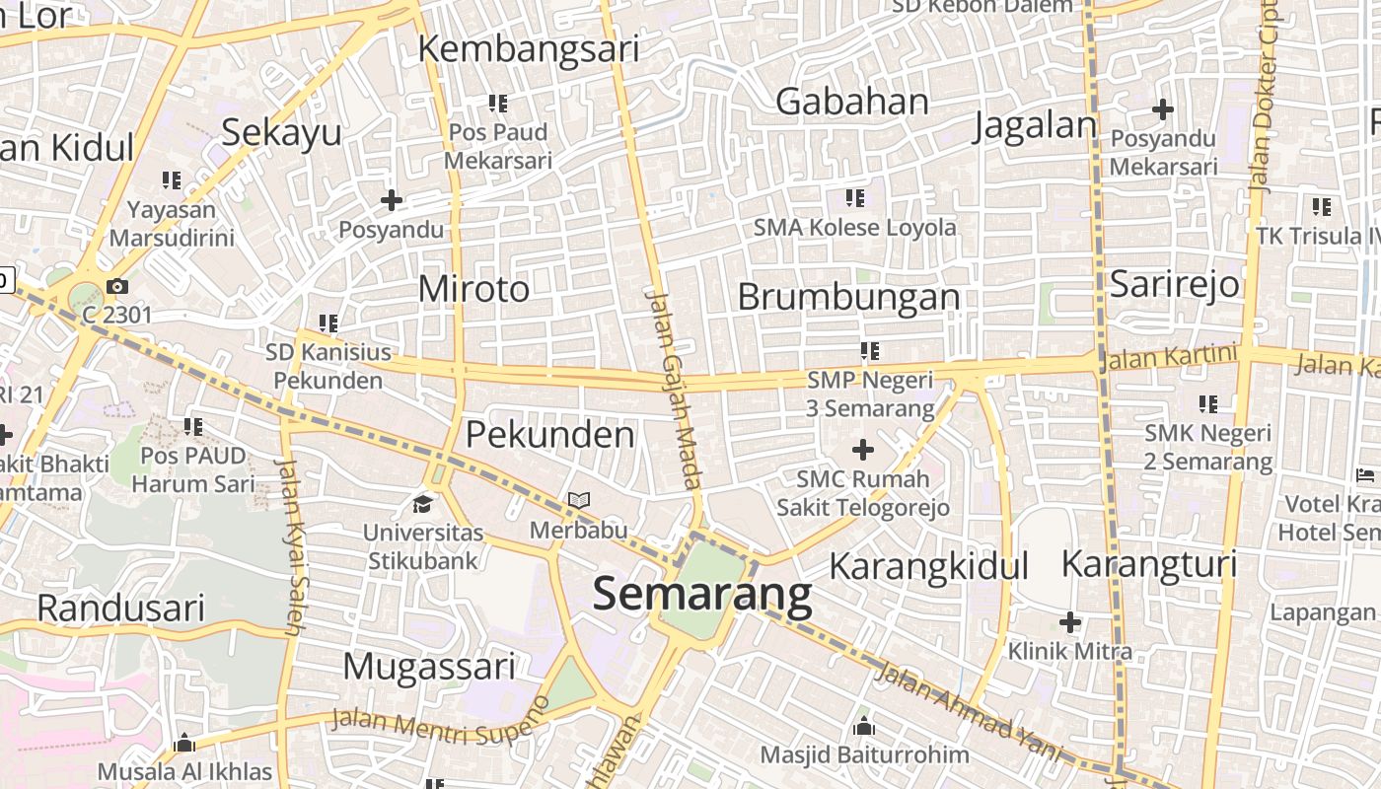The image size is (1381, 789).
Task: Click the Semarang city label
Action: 702,595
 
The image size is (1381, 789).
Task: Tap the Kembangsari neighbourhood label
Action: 528,48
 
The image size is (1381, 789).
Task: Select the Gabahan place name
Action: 852,102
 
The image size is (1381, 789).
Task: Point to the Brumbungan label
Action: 848,297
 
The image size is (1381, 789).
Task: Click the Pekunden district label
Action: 549,434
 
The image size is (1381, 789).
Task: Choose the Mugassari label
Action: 429,667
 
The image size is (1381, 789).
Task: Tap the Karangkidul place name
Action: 928,566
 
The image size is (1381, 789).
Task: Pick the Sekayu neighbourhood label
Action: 281,132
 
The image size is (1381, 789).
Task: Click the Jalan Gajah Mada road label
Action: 673,389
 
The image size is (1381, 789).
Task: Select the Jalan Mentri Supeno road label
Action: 440,724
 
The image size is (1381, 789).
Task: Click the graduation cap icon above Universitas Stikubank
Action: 423,505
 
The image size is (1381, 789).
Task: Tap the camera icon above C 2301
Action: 117,287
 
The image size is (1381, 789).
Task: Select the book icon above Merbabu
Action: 578,501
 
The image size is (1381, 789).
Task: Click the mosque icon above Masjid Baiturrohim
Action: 864,727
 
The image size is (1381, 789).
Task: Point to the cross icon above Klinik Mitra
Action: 1069,622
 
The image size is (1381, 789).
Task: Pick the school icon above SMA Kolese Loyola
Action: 854,198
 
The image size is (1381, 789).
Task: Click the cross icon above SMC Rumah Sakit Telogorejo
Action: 863,451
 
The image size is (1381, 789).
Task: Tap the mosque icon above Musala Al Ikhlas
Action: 184,743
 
